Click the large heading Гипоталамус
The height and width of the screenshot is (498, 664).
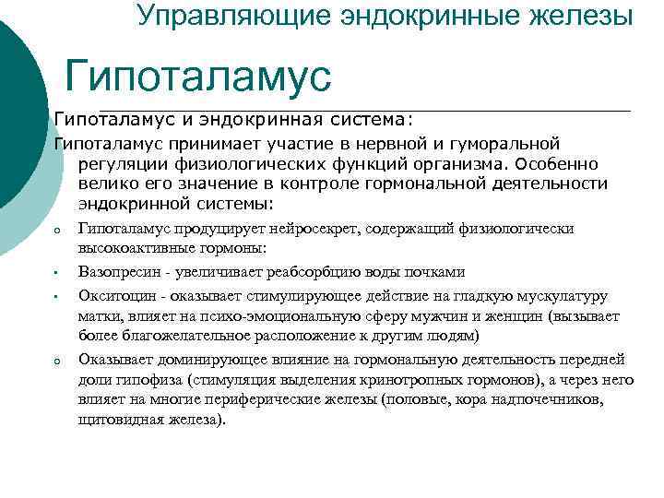click(198, 77)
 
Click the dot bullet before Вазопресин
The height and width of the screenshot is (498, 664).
click(56, 274)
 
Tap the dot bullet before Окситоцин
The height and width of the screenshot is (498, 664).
click(56, 297)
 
